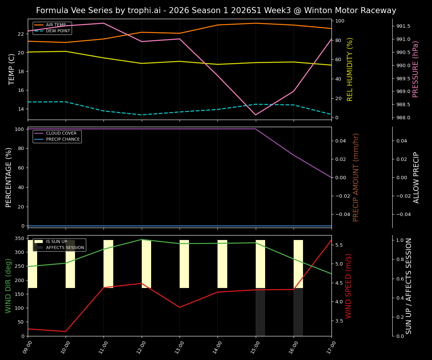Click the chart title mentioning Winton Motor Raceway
coord(216,10)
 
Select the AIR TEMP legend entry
coord(55,25)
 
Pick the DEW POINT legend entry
coord(58,31)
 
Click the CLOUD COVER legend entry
coord(61,133)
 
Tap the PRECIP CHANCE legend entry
coord(63,139)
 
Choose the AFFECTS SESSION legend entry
coord(65,247)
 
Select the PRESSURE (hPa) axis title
coord(415,69)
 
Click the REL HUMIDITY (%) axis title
coord(350,69)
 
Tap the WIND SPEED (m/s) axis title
coord(349,285)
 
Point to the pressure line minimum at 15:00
coord(255,115)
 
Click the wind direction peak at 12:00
coord(142,239)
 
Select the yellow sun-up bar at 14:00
coord(222,264)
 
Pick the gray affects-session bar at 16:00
coord(298,312)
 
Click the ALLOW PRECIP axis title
coord(416,177)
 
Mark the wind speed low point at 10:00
coord(66,331)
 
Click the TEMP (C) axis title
coord(12,69)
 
